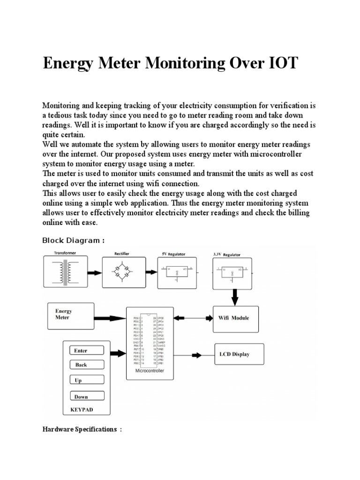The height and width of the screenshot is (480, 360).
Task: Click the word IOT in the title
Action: pyautogui.click(x=280, y=63)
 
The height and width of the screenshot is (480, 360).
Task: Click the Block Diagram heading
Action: pyautogui.click(x=73, y=240)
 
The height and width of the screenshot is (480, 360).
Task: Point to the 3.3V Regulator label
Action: pyautogui.click(x=227, y=255)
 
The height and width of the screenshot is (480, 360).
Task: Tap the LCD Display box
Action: pyautogui.click(x=239, y=354)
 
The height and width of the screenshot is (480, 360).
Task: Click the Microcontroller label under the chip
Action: pyautogui.click(x=150, y=371)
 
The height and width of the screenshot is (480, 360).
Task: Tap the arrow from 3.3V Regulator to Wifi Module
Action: pyautogui.click(x=234, y=296)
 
